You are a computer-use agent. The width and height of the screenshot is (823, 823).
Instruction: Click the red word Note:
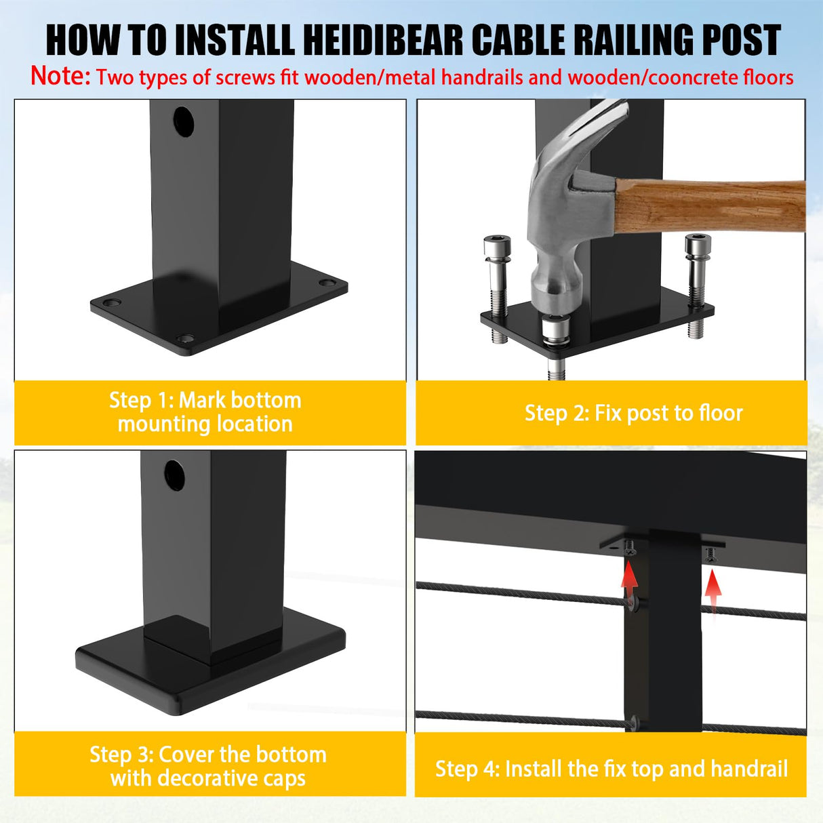(x=60, y=76)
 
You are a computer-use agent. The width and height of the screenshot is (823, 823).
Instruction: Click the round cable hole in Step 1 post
(x=183, y=121)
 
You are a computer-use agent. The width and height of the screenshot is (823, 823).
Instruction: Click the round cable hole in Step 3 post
(x=174, y=476)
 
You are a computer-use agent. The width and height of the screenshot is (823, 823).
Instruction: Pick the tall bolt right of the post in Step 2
(x=696, y=278)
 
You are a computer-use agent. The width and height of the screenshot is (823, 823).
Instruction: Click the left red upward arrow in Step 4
(x=630, y=580)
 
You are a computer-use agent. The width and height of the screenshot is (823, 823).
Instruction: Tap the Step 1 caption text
(x=205, y=412)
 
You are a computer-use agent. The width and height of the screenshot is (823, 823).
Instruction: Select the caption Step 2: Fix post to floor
(x=633, y=413)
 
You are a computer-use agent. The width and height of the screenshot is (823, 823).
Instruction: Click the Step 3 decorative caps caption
(x=208, y=766)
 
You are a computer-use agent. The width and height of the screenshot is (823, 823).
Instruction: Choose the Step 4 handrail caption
(x=611, y=769)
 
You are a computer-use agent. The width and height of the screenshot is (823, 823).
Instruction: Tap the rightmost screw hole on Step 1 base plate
(x=327, y=283)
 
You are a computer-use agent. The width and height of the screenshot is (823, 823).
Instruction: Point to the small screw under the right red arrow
(x=710, y=555)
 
